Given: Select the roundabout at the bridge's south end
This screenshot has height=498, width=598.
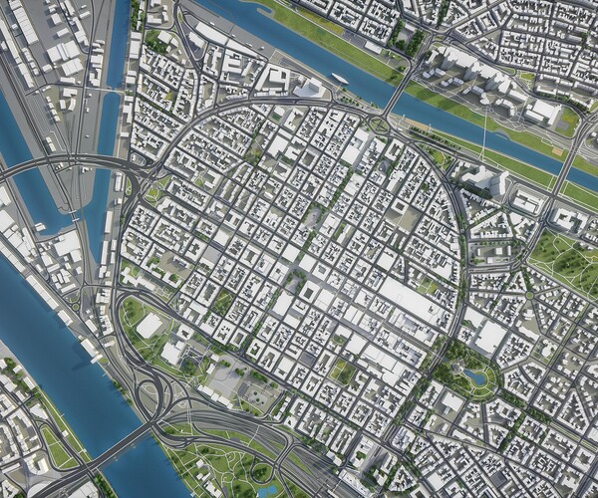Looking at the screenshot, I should pyautogui.click(x=379, y=124).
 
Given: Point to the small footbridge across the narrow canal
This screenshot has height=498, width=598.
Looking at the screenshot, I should pyautogui.click(x=110, y=91).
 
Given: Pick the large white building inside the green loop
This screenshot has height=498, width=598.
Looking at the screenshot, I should pyautogui.click(x=150, y=325).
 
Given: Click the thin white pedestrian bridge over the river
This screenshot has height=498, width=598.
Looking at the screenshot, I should pyautogui.click(x=481, y=130).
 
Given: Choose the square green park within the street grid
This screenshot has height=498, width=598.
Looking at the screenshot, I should pyautogui.click(x=342, y=372).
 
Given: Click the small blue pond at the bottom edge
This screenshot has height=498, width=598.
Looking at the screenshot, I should pyautogui.click(x=267, y=490).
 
